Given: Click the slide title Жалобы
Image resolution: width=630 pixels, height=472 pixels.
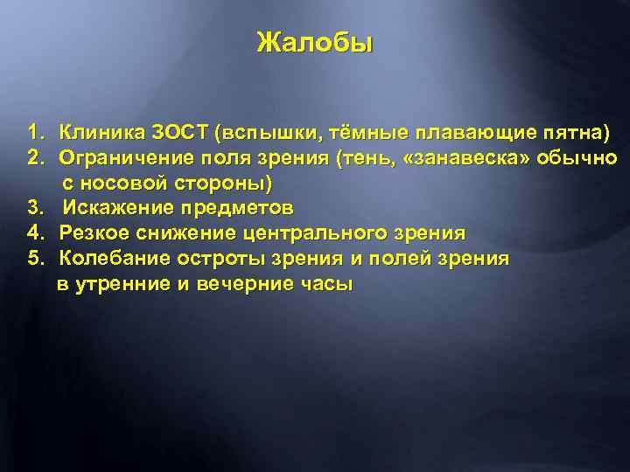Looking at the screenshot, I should (314, 43).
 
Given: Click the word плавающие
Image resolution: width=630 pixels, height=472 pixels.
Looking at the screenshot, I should (478, 133).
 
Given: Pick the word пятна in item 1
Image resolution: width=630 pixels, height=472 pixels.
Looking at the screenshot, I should (575, 133).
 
